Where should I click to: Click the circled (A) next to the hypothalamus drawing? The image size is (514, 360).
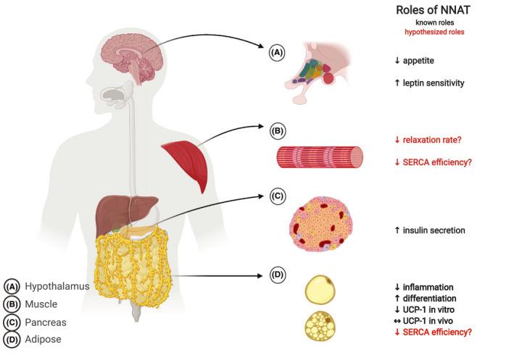(x=278, y=52)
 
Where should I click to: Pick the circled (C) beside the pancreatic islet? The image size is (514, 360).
(x=278, y=197)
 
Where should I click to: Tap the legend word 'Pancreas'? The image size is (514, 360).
(x=45, y=321)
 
